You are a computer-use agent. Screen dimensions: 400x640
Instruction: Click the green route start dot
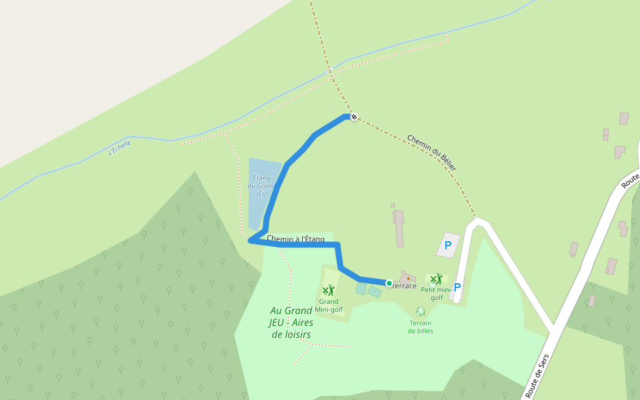(x=389, y=283)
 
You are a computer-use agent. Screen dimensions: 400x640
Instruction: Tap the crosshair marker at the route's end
(x=354, y=117)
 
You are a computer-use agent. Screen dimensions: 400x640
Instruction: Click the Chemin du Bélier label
(x=431, y=153)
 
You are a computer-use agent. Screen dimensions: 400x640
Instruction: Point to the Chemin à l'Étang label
(x=295, y=239)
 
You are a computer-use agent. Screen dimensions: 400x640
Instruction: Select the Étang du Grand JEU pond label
(x=261, y=185)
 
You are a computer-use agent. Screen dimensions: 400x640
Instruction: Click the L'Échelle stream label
(x=120, y=147)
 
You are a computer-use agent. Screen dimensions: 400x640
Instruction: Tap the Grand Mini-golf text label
(x=329, y=305)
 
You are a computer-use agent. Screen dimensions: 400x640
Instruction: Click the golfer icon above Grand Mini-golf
(x=328, y=290)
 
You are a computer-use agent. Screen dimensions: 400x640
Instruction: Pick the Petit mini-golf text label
(x=437, y=293)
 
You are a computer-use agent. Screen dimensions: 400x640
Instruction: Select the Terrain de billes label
(x=421, y=327)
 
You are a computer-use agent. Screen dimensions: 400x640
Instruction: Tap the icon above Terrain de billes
(x=421, y=311)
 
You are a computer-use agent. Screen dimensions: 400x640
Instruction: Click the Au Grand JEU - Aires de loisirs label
(x=291, y=322)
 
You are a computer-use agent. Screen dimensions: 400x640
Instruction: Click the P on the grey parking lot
(x=448, y=245)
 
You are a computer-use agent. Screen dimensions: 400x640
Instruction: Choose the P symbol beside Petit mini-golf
(x=457, y=287)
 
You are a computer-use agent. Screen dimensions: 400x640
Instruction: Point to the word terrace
(x=405, y=286)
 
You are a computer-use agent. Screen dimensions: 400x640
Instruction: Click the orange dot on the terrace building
(x=408, y=278)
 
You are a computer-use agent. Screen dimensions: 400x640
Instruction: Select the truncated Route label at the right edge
(x=630, y=181)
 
